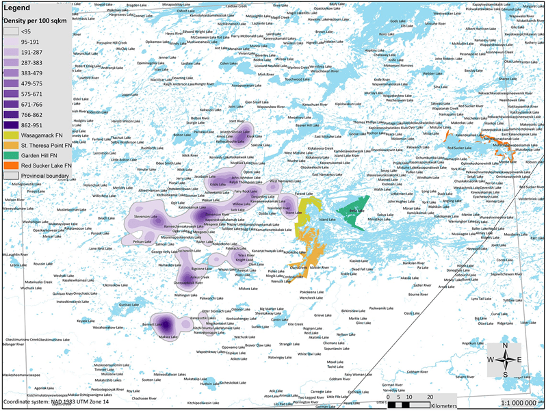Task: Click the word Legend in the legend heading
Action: tap(19, 7)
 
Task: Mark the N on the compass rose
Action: tap(505, 345)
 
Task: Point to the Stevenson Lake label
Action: tap(145, 217)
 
